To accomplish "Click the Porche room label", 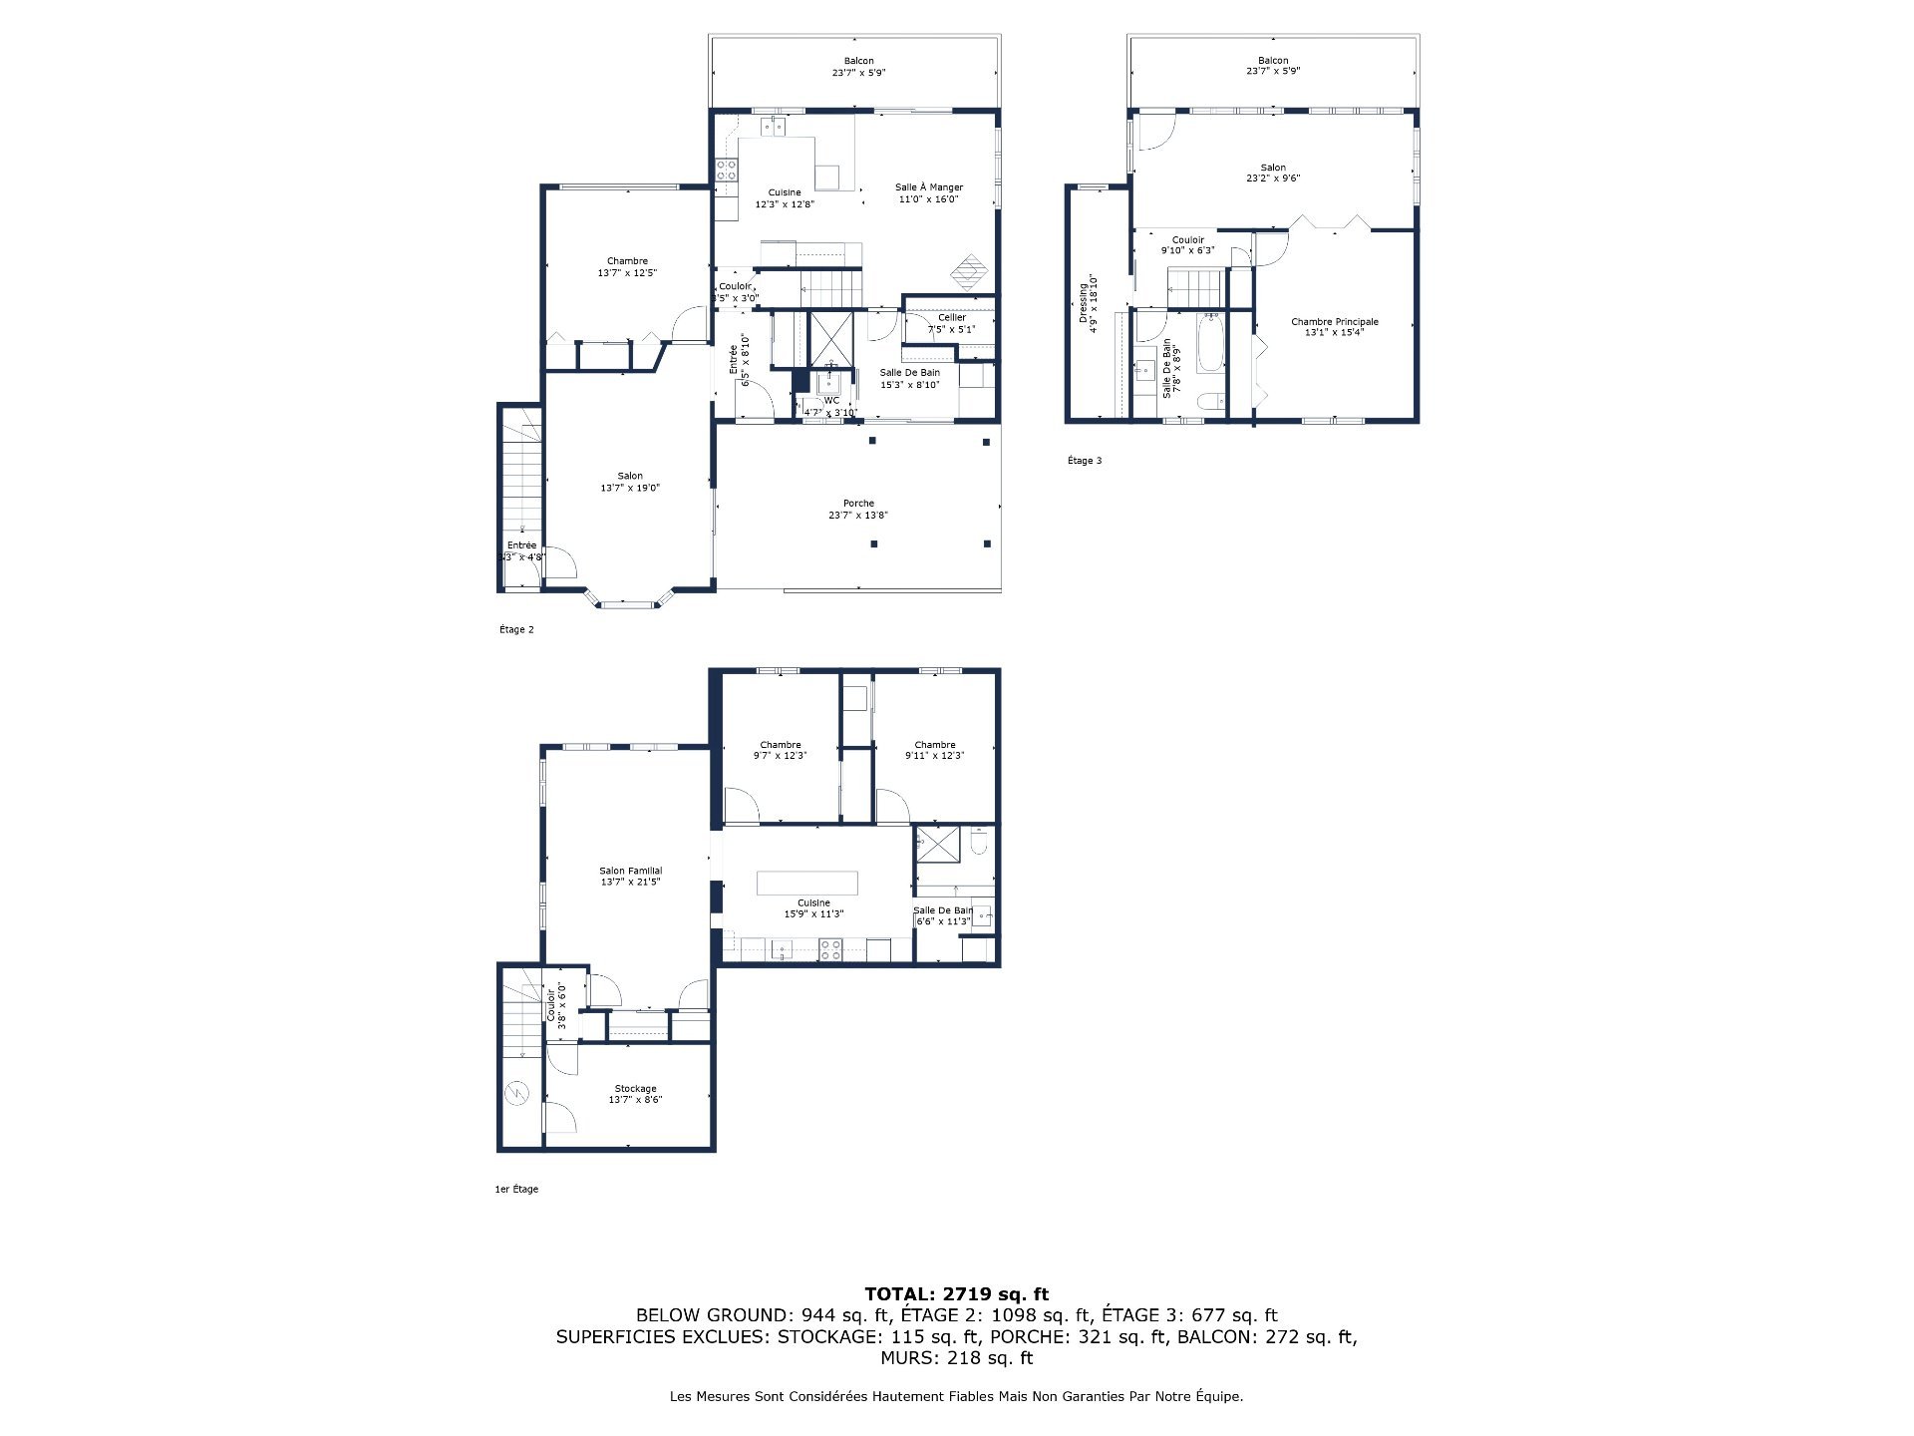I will (x=858, y=504).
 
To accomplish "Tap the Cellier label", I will (x=952, y=317).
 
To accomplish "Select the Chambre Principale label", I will (x=1335, y=321).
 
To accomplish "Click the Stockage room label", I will (x=635, y=1088).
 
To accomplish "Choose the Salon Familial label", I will (x=630, y=871).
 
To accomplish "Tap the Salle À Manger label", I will (x=929, y=187).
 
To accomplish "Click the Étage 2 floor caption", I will (x=516, y=629).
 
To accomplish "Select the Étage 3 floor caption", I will (x=1085, y=461).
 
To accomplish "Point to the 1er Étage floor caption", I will (x=516, y=1189).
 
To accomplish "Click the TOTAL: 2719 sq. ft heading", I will (x=956, y=1294).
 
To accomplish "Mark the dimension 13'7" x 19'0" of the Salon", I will (x=630, y=489).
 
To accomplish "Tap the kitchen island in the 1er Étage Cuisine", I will (x=806, y=884).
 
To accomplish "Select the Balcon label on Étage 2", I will (x=858, y=61).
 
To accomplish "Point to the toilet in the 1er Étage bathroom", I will (x=979, y=846).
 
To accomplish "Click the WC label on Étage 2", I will (x=831, y=401).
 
